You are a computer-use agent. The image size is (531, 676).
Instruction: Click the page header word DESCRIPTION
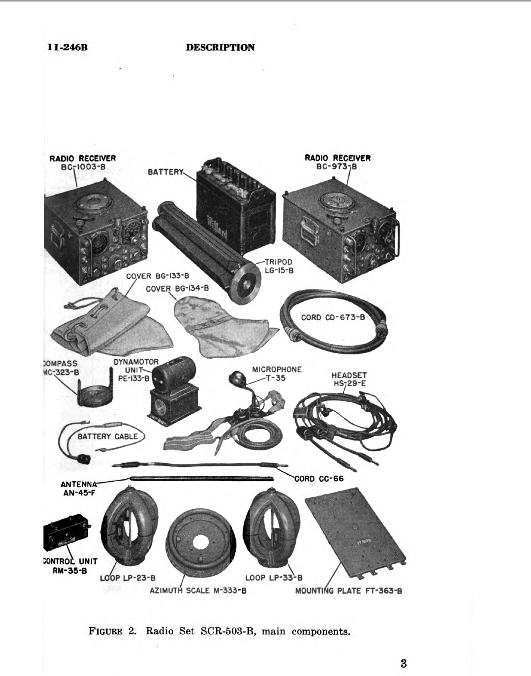pos(220,47)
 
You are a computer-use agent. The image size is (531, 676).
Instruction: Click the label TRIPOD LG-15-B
pos(279,266)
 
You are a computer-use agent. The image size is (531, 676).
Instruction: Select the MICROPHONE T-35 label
pos(277,373)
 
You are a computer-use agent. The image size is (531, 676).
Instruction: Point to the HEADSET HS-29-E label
pos(349,379)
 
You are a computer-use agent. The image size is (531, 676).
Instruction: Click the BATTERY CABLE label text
pos(108,436)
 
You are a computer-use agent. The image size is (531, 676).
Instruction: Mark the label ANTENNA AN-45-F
pos(79,488)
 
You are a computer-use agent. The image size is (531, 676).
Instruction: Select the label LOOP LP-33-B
pos(274,578)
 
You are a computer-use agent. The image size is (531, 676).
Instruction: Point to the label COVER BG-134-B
pos(177,289)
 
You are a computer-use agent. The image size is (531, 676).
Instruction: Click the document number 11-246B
pos(68,47)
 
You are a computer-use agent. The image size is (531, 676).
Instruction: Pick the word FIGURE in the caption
pos(106,632)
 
